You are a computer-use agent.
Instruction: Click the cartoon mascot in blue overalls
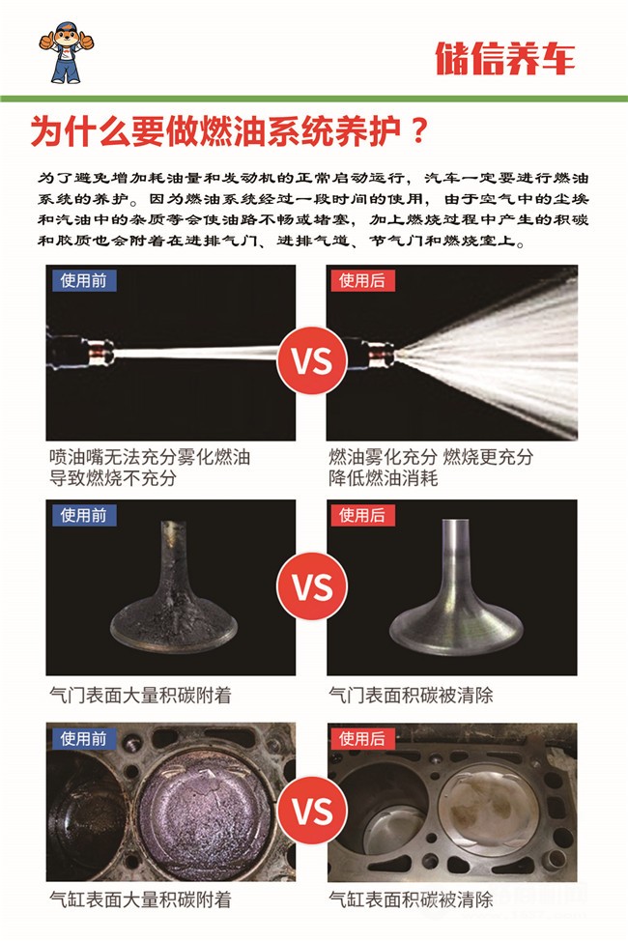(x=66, y=52)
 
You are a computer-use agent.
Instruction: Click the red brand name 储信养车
(x=505, y=58)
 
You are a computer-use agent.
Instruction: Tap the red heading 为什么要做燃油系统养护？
(x=229, y=130)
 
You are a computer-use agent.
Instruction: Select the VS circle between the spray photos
(x=312, y=360)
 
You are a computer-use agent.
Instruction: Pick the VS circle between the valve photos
(x=312, y=586)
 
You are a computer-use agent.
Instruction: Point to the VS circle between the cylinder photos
(x=312, y=811)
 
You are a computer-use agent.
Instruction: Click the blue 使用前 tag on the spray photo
(x=83, y=280)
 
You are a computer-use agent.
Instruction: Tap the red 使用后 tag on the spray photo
(x=362, y=280)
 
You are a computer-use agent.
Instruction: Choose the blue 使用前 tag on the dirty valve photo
(x=83, y=515)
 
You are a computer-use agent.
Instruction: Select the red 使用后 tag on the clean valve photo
(x=362, y=515)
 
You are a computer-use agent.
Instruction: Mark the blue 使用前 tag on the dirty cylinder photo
(x=83, y=738)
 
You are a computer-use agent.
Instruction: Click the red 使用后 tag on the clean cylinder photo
(x=362, y=738)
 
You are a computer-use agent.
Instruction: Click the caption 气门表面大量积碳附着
(x=140, y=695)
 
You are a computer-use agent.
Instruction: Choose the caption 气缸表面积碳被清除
(x=411, y=899)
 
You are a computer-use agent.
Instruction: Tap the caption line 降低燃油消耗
(x=383, y=478)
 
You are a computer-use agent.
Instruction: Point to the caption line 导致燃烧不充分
(x=113, y=478)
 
